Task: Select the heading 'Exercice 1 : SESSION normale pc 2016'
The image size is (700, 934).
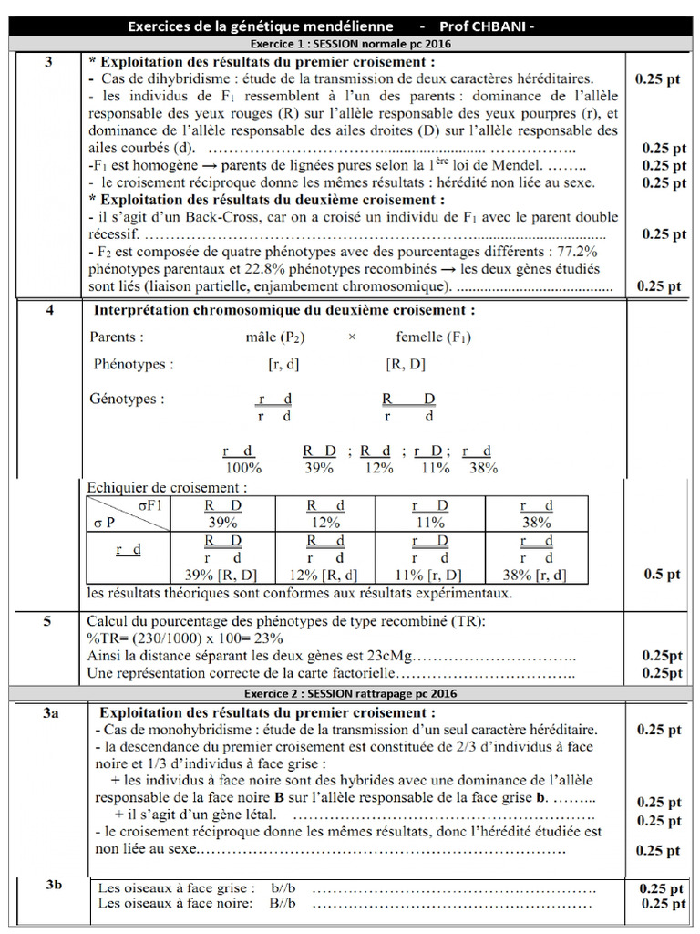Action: point(349,43)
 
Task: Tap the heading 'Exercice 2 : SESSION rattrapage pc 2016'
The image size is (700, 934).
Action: point(349,693)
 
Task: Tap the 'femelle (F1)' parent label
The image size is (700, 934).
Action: point(434,337)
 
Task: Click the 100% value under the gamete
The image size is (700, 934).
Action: point(243,467)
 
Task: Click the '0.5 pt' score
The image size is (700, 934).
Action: point(662,575)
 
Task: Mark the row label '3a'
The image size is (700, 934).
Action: point(50,712)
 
